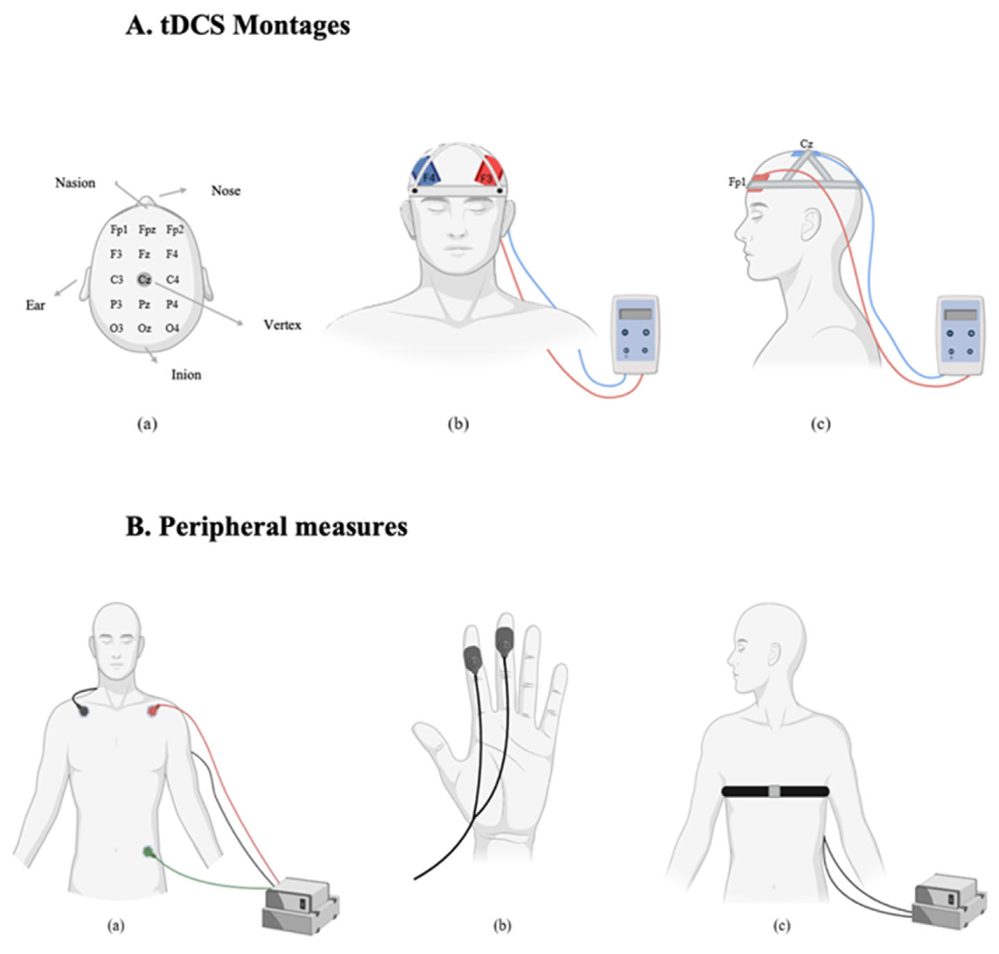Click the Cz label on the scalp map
(x=144, y=279)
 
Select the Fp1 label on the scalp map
(x=119, y=230)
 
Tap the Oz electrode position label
(x=144, y=328)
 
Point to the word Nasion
(x=75, y=183)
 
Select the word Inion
(x=186, y=375)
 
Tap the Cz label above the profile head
(x=806, y=144)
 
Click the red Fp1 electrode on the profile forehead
(x=760, y=178)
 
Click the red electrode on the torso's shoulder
(x=153, y=710)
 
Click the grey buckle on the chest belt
(x=774, y=792)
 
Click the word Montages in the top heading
(x=291, y=26)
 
